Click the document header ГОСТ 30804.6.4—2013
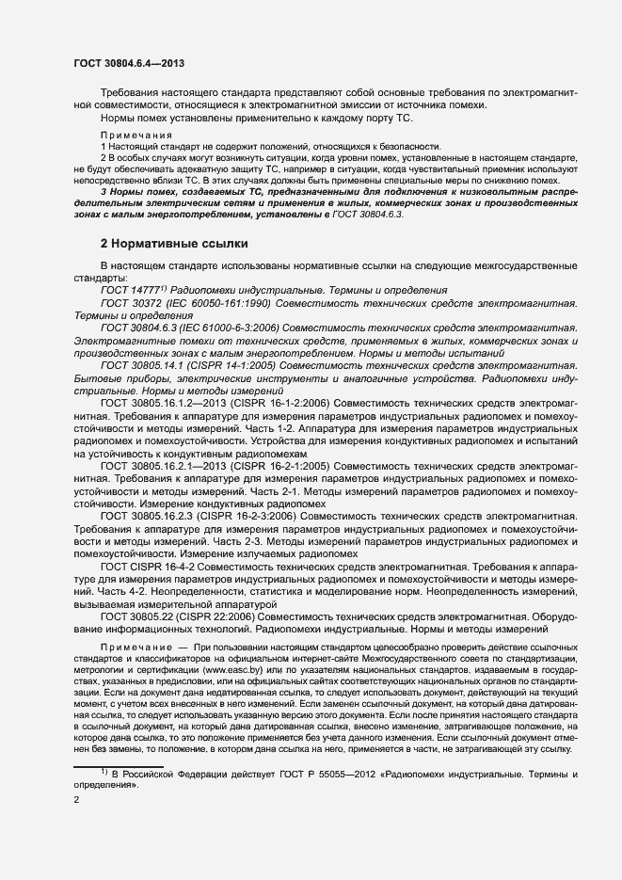point(128,63)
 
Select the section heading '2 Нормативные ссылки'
point(174,244)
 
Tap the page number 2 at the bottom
point(76,800)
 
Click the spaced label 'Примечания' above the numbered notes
point(131,136)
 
